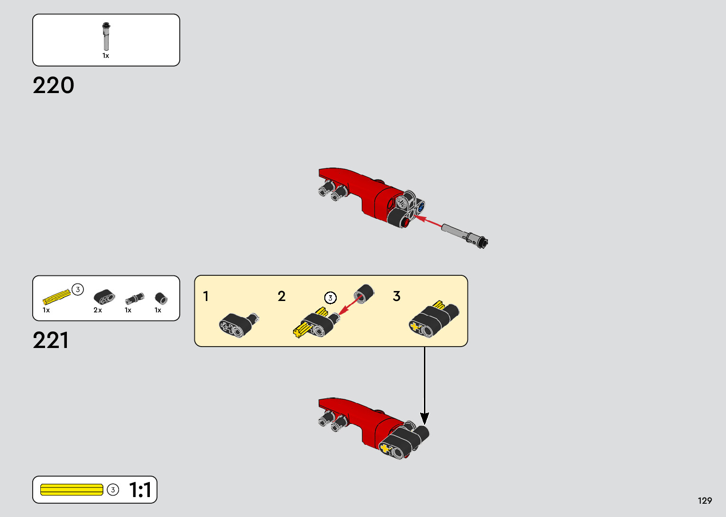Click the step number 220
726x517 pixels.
click(54, 86)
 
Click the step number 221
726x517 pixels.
click(51, 340)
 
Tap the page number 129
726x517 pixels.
click(705, 500)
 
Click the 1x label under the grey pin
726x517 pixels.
click(106, 56)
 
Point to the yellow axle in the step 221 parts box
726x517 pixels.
click(56, 297)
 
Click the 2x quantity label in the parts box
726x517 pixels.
click(98, 310)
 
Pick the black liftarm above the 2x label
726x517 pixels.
click(104, 297)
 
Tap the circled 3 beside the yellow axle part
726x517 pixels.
click(78, 289)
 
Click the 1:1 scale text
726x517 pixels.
click(140, 490)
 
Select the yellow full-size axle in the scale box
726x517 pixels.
click(72, 489)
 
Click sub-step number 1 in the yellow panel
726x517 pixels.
click(206, 296)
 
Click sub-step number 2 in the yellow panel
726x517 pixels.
click(282, 296)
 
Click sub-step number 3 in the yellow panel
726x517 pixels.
click(397, 296)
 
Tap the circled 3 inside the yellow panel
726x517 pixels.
click(331, 298)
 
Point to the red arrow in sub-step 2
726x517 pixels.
click(349, 305)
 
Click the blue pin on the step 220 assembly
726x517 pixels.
click(421, 207)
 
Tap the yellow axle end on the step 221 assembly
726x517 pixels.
click(385, 448)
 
